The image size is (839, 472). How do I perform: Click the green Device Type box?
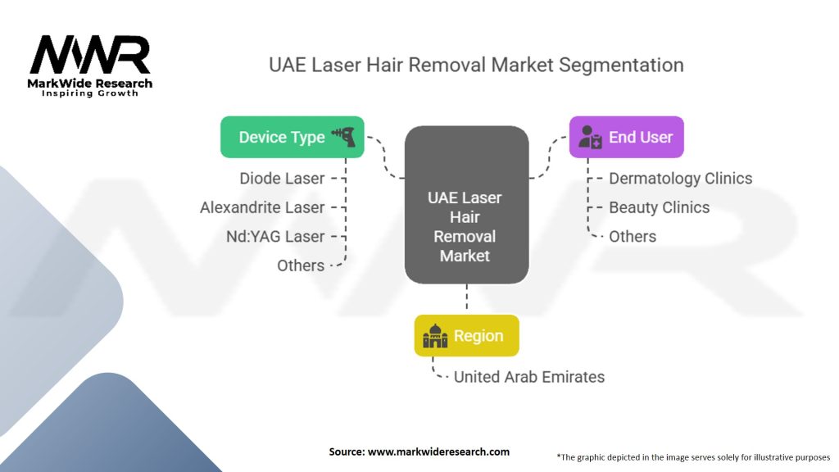pos(293,137)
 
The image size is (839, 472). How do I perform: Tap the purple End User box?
pos(627,137)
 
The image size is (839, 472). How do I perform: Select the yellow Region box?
pos(466,335)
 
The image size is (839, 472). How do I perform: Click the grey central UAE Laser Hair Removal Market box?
pos(466,205)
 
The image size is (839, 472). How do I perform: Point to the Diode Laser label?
pos(282,178)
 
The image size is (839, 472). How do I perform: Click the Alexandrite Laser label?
pos(262,207)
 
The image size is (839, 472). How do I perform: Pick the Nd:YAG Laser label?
pos(275,236)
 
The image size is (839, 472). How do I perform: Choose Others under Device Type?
pos(301,265)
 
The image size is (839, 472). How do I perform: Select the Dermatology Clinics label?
pos(681,178)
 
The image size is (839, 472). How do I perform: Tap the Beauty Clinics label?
pos(660,207)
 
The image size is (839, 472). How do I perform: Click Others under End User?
pos(633,236)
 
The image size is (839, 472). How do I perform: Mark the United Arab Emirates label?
pos(529,377)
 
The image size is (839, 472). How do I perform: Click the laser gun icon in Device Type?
pos(344,137)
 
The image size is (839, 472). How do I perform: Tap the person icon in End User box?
pos(590,137)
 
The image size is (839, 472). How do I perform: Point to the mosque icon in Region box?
pos(435,335)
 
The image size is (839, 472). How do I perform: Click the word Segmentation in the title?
pos(621,66)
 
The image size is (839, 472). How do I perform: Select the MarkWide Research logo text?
pos(90,84)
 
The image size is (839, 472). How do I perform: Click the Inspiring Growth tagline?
pos(90,93)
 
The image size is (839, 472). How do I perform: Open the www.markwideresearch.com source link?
pos(439,452)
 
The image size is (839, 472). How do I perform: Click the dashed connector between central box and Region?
pos(466,297)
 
